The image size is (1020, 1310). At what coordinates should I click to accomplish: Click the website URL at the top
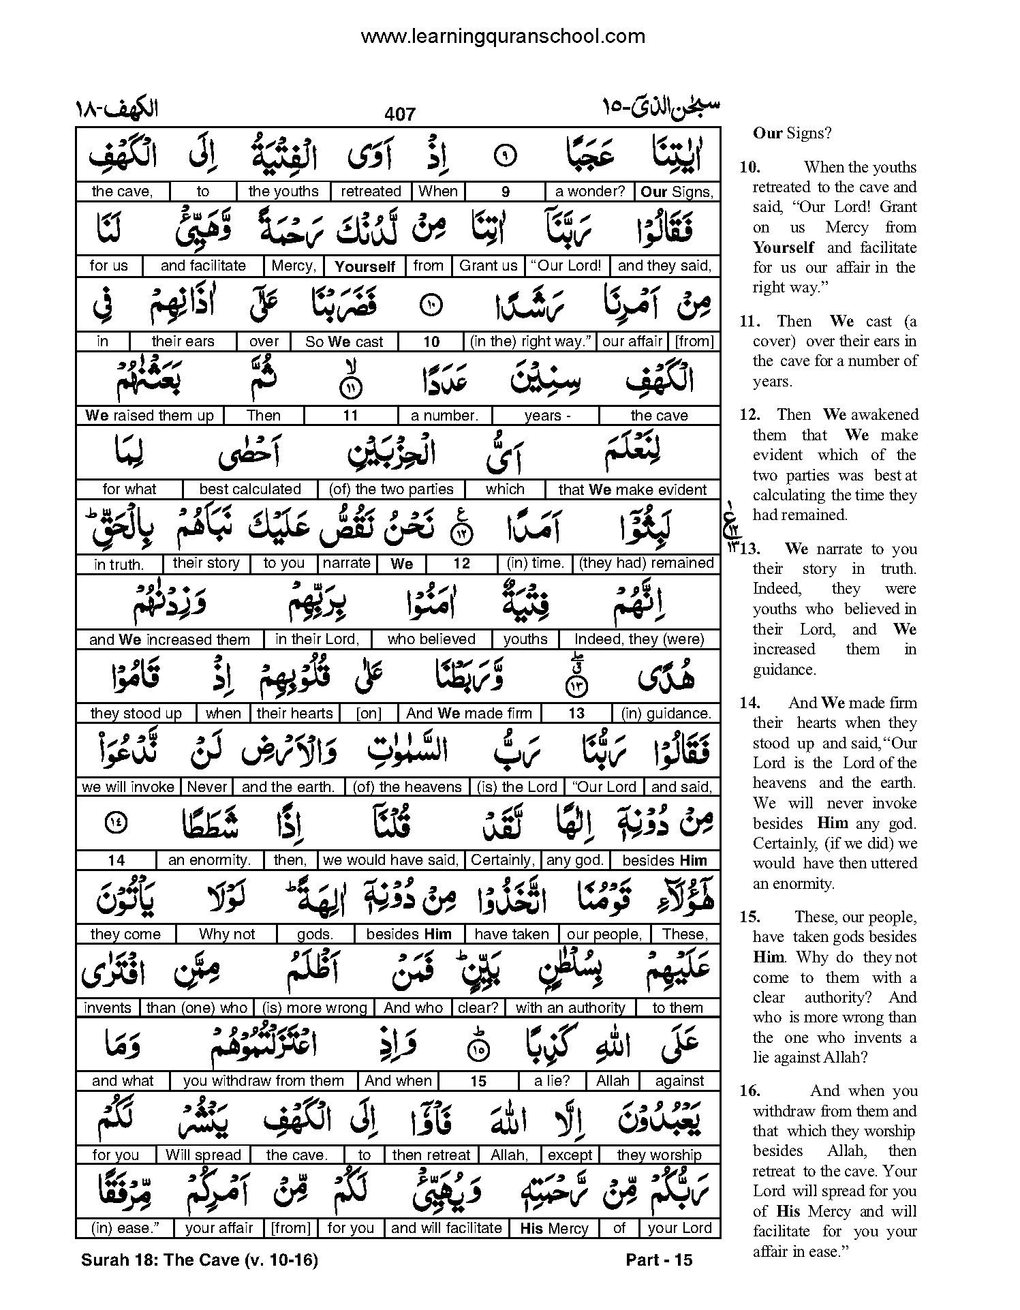pyautogui.click(x=502, y=36)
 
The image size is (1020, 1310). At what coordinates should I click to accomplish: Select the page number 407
pyautogui.click(x=399, y=114)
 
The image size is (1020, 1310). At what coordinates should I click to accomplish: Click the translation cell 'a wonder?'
pyautogui.click(x=589, y=192)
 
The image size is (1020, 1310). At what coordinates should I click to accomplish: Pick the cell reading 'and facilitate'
pyautogui.click(x=203, y=266)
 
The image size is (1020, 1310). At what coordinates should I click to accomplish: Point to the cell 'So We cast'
pyautogui.click(x=344, y=341)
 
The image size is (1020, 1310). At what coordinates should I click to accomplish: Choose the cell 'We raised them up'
pyautogui.click(x=149, y=415)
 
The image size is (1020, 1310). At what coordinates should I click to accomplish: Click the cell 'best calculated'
pyautogui.click(x=250, y=489)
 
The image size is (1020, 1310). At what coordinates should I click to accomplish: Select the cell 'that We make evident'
pyautogui.click(x=632, y=489)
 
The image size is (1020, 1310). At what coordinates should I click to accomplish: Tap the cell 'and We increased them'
pyautogui.click(x=170, y=639)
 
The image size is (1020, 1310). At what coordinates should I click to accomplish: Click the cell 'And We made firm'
pyautogui.click(x=469, y=713)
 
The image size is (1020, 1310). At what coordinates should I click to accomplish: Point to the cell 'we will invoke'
pyautogui.click(x=128, y=787)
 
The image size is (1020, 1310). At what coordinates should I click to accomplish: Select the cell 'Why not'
pyautogui.click(x=226, y=934)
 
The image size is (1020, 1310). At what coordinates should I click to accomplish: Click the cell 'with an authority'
pyautogui.click(x=570, y=1007)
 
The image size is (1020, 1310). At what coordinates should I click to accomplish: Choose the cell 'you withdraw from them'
pyautogui.click(x=263, y=1081)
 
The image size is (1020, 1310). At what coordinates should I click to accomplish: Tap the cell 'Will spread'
pyautogui.click(x=203, y=1155)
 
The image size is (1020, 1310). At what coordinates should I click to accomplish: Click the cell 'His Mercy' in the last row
pyautogui.click(x=554, y=1228)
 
